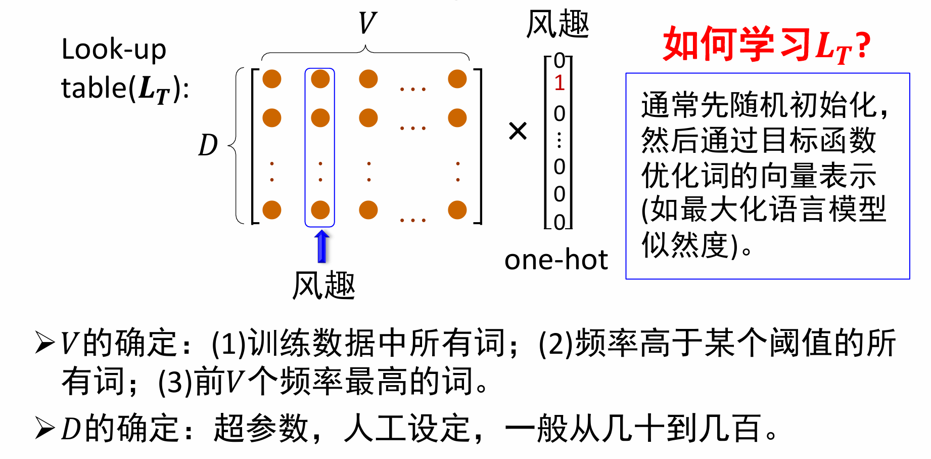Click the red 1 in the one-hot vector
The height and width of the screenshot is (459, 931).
559,83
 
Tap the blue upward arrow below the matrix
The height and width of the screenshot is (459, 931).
322,246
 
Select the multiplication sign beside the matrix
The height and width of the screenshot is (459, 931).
518,131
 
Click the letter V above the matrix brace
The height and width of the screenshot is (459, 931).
367,23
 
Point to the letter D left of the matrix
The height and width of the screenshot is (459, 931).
208,145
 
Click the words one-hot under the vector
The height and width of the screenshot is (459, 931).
556,260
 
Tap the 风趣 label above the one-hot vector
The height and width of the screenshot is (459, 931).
557,24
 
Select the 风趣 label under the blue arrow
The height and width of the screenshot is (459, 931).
324,285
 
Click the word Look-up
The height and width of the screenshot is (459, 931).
114,50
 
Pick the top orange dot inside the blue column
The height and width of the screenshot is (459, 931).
320,79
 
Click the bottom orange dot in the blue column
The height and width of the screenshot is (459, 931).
320,210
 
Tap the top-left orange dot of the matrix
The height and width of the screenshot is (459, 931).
272,79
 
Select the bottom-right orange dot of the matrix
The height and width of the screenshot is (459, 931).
457,210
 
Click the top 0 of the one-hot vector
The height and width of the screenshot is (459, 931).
559,61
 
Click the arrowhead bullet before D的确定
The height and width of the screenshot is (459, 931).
45,428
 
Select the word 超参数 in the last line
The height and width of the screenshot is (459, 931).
261,428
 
